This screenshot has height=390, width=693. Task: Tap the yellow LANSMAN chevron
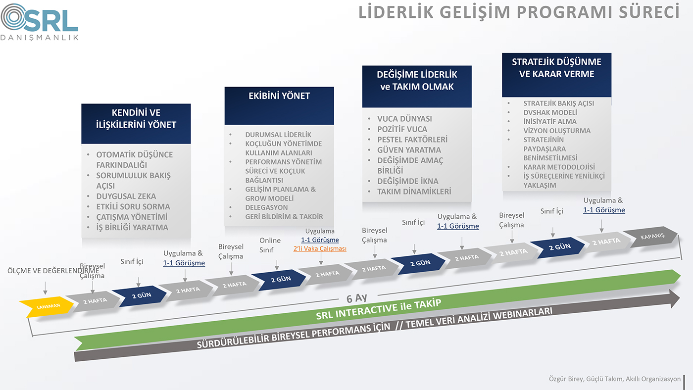(x=47, y=306)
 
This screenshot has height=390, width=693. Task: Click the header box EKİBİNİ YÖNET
(x=279, y=106)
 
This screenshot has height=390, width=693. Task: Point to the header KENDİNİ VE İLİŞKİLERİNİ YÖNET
(x=136, y=124)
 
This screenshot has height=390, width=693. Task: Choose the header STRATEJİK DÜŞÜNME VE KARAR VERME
(x=556, y=75)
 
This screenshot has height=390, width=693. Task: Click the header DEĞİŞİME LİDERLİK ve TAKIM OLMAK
(x=417, y=87)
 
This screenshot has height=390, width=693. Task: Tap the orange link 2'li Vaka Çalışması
(x=320, y=248)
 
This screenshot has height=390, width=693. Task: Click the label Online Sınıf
(x=270, y=245)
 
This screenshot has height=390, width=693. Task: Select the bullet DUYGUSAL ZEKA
(x=126, y=196)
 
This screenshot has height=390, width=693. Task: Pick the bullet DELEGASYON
(x=266, y=207)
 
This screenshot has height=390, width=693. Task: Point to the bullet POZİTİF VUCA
(x=402, y=129)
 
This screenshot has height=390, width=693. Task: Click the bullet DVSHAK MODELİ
(x=550, y=112)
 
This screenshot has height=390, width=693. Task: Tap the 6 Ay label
(x=357, y=298)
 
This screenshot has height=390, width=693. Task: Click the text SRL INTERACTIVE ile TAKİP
(x=378, y=309)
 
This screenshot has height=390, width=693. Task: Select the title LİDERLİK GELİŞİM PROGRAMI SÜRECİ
(x=519, y=12)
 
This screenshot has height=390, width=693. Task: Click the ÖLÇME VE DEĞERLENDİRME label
(x=53, y=271)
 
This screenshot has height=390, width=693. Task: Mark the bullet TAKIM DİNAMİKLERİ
(x=414, y=192)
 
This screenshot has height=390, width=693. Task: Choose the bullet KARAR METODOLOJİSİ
(x=559, y=167)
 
